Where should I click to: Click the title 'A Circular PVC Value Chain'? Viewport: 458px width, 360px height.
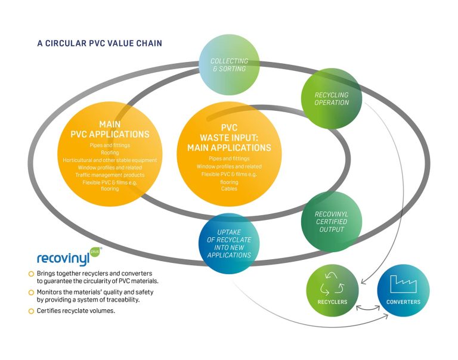(x=99, y=44)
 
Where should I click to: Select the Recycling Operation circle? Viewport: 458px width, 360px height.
(x=332, y=98)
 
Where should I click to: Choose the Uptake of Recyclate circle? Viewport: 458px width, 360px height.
(x=230, y=243)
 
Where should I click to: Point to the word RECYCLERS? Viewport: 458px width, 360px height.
(x=332, y=302)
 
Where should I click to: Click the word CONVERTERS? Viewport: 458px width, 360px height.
(x=403, y=302)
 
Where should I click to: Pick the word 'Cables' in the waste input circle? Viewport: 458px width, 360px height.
(x=229, y=189)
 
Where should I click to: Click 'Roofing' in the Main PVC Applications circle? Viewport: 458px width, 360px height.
(x=110, y=153)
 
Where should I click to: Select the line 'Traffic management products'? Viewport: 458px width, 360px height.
(x=110, y=175)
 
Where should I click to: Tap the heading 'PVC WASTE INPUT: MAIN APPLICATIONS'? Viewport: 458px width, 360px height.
(x=229, y=138)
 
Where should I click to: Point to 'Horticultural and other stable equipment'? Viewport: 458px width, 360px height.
(x=110, y=160)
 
